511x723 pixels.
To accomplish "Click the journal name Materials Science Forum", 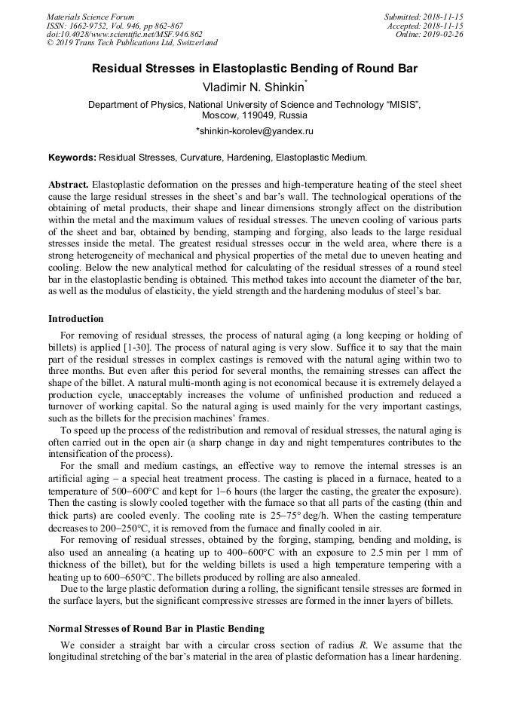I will [x=90, y=17].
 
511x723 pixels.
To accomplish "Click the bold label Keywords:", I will [x=72, y=158].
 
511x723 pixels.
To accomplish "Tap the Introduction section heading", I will [x=76, y=320].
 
